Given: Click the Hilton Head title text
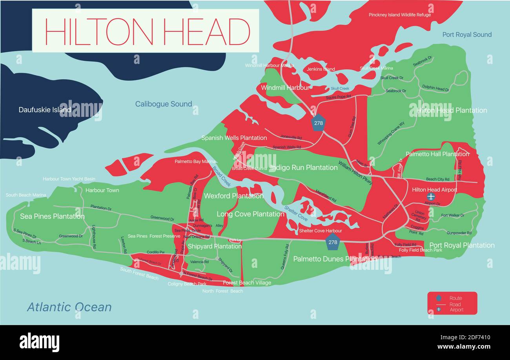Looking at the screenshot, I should pos(148,31).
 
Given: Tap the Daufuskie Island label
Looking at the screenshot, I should pos(45,110).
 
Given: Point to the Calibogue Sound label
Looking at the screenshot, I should pos(164,104).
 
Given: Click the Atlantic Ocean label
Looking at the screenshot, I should pos(69,307).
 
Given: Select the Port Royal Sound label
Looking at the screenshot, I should pos(467,35).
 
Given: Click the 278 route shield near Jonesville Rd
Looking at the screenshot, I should pos(318,123).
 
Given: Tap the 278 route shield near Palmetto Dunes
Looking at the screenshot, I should pos(333,242).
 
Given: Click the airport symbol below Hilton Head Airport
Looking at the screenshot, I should pos(431,196).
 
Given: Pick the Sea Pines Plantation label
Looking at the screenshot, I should pos(52,216).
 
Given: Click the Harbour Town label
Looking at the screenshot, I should pos(102,190).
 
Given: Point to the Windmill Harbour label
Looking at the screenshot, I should pos(285,87).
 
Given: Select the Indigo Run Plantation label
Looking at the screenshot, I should pos(304,167).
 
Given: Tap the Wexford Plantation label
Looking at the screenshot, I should pos(234,196).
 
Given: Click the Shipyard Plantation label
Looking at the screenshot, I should pos(215,246).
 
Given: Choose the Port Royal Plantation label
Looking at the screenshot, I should pos(462,245).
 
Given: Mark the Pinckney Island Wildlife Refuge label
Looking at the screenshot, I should pos(400,15).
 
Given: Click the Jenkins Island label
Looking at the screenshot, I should pos(321,69).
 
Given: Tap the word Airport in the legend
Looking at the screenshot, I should pos(456,310).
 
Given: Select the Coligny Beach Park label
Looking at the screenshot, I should pos(187,284).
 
